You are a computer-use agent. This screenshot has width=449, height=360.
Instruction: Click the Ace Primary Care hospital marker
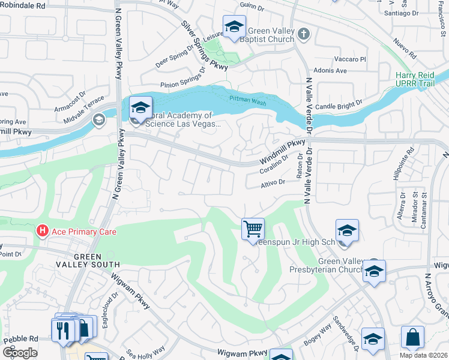tap(42, 230)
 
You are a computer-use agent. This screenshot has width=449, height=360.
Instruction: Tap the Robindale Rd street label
tap(23, 5)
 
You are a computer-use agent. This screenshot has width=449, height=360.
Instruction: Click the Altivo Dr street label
tap(273, 182)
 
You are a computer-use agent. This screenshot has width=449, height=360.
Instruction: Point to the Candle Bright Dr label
tap(339, 103)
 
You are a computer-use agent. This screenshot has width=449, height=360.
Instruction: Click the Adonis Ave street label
tap(331, 71)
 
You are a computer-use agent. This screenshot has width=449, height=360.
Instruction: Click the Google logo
tap(20, 353)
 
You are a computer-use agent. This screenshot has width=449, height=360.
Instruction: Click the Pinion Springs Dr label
tap(182, 85)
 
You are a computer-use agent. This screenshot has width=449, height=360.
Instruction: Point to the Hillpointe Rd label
tap(411, 163)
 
